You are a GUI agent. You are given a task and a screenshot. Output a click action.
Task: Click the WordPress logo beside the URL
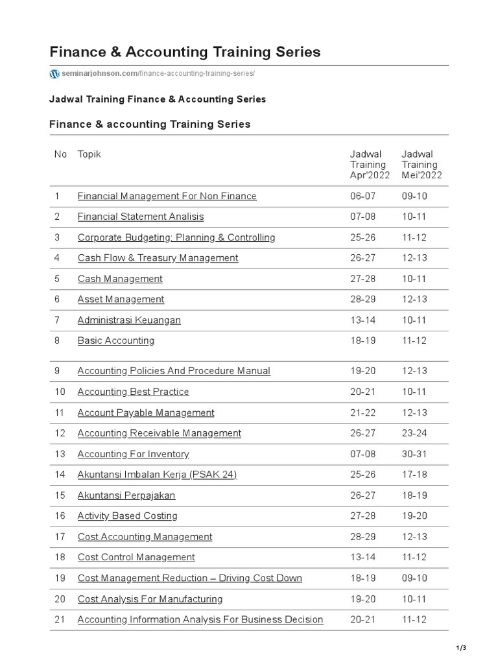coord(54,74)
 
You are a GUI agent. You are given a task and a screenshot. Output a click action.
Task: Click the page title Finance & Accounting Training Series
coord(185,52)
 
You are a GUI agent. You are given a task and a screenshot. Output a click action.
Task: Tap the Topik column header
coord(89,154)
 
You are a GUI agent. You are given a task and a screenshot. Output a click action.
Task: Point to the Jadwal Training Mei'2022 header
coord(421,165)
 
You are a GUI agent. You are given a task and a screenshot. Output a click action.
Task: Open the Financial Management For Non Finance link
coord(167,196)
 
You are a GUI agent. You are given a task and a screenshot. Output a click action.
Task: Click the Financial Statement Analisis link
coord(140,217)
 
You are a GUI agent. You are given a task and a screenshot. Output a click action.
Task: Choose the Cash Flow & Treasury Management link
coord(158,258)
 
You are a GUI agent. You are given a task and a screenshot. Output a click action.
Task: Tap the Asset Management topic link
coord(121,300)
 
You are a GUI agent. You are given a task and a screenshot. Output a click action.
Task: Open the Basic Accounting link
coord(116,340)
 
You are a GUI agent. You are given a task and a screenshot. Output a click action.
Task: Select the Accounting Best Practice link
coord(133,392)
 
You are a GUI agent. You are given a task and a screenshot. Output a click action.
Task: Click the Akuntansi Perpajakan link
coord(126,495)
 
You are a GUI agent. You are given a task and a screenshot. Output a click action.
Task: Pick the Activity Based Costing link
coord(127,516)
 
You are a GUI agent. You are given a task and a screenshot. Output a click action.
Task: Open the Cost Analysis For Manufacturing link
coord(150,599)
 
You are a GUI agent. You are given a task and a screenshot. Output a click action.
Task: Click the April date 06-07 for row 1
coord(361,196)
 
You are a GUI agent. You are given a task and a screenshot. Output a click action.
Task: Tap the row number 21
coord(60,620)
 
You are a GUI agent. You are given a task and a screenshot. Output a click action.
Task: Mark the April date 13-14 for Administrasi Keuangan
coord(361,320)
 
